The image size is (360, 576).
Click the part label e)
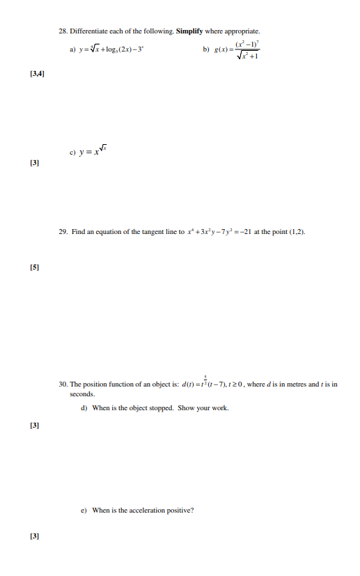tap(84, 511)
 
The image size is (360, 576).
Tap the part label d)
tap(84, 408)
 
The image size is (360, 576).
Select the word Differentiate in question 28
tap(91, 31)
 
